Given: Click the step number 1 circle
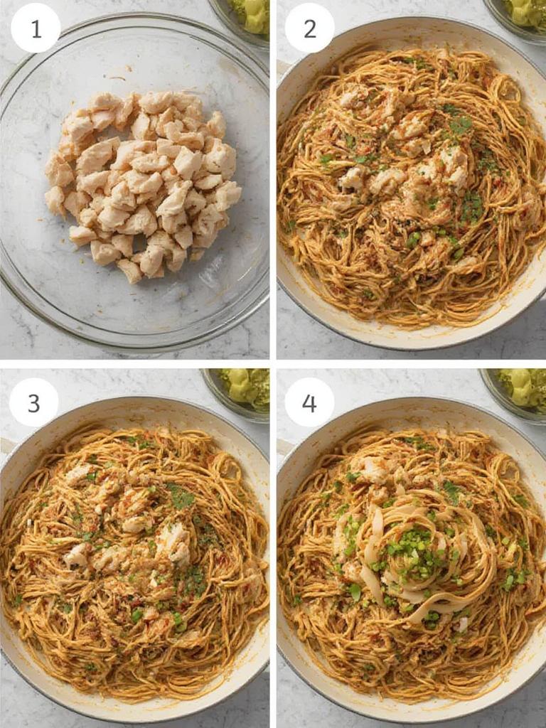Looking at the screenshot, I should pyautogui.click(x=36, y=28).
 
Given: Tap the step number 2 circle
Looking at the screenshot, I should pyautogui.click(x=309, y=28).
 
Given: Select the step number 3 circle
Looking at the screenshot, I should pyautogui.click(x=33, y=402).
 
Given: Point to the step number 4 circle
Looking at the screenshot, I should pyautogui.click(x=309, y=402).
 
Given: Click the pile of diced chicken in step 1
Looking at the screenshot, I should pyautogui.click(x=142, y=185).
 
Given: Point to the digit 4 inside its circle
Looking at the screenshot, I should pyautogui.click(x=309, y=402).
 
